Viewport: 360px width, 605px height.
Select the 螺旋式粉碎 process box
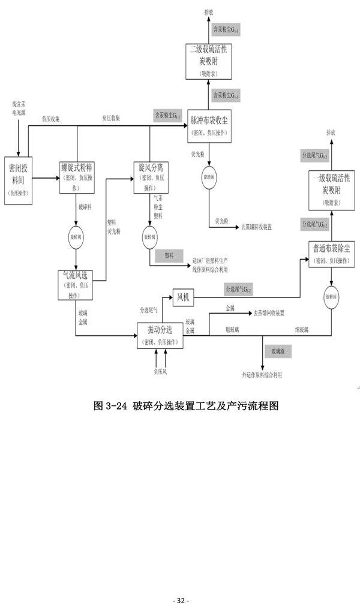(77, 177)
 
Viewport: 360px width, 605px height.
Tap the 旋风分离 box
(149, 177)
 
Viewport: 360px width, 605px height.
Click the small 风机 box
(182, 296)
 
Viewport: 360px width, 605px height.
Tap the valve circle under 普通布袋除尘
(331, 297)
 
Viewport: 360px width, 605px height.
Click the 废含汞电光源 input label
(19, 108)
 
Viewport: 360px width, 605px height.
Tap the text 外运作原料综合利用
(261, 375)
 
